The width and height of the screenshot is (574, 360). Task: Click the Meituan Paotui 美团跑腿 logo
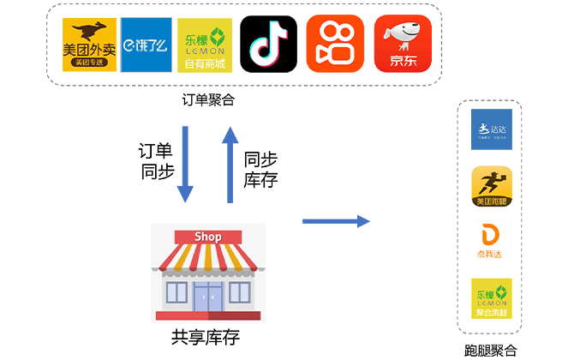(489, 187)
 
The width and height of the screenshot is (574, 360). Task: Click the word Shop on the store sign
(208, 237)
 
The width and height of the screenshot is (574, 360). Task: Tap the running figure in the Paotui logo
(489, 183)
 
